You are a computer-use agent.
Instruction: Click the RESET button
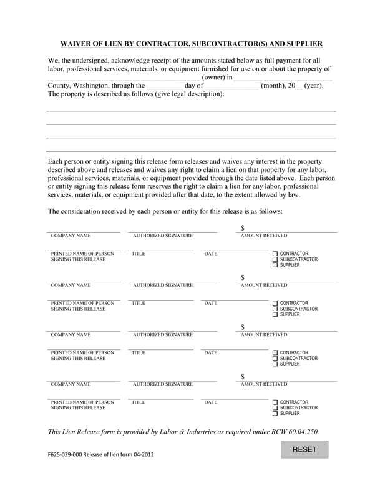click(x=304, y=449)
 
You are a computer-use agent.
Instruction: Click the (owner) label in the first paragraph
click(x=213, y=77)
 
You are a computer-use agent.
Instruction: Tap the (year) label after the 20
click(x=313, y=86)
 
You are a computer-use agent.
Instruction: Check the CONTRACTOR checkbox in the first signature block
click(x=275, y=254)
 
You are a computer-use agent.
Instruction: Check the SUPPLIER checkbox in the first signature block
click(x=275, y=266)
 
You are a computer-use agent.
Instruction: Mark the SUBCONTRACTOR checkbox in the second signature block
click(x=275, y=309)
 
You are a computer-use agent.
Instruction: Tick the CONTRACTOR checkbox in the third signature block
click(x=275, y=352)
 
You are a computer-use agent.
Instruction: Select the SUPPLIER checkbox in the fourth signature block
click(x=275, y=414)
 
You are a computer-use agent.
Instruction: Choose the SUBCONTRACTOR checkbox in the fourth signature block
click(x=275, y=407)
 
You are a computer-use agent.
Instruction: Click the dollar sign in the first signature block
click(x=243, y=228)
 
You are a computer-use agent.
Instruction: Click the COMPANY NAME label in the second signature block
click(x=71, y=285)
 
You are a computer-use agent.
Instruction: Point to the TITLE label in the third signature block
click(x=139, y=352)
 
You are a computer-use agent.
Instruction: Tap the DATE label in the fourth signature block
click(x=211, y=402)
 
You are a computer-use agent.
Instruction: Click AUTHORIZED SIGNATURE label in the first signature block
click(x=163, y=236)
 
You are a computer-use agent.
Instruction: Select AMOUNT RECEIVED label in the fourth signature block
click(x=264, y=384)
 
